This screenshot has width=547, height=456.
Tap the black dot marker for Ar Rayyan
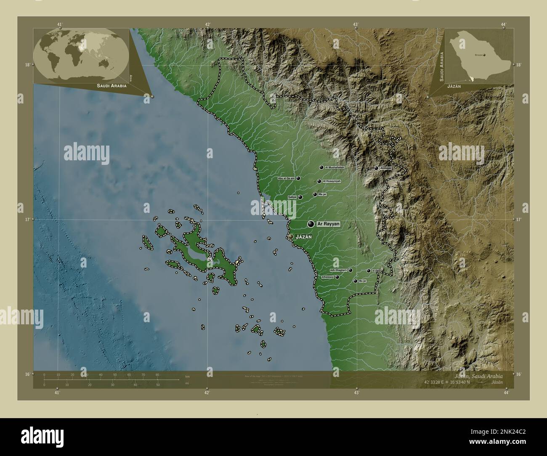pyautogui.click(x=311, y=225)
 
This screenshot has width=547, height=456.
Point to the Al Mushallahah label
pyautogui.click(x=335, y=167)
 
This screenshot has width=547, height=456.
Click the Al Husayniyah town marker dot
pyautogui.click(x=319, y=181)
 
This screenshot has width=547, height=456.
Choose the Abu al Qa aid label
pyautogui.click(x=286, y=178)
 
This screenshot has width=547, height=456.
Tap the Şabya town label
pyautogui.click(x=292, y=197)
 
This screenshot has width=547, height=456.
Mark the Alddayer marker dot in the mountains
pyautogui.click(x=376, y=168)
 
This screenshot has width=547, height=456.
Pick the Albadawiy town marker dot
pyautogui.click(x=337, y=277)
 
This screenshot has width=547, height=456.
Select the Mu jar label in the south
pyautogui.click(x=363, y=281)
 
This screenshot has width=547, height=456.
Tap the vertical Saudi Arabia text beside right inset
pyautogui.click(x=441, y=66)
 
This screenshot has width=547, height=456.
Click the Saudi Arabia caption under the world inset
pyautogui.click(x=112, y=85)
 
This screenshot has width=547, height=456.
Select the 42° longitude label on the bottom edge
pyautogui.click(x=207, y=392)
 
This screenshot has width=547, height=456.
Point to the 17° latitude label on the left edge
pyautogui.click(x=27, y=220)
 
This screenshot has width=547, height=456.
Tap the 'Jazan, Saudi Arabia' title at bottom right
pyautogui.click(x=484, y=375)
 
